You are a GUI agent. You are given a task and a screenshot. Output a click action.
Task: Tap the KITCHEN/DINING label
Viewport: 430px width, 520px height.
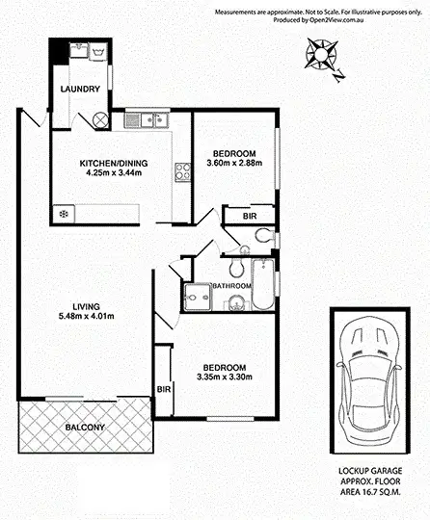pos(114,163)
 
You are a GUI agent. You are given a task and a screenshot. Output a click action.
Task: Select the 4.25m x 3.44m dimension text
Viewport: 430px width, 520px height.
pos(114,173)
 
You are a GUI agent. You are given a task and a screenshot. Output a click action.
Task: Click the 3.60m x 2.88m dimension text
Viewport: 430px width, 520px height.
pos(234,164)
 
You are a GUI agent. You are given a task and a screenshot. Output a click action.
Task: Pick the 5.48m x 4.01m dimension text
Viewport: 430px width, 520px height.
pos(86,316)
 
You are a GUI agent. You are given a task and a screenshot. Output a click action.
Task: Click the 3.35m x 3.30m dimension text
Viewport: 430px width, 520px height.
pos(223,377)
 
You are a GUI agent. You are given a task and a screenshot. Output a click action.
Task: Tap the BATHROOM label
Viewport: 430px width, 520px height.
pos(232,286)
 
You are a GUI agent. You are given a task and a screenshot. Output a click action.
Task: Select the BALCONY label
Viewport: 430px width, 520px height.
pos(85,427)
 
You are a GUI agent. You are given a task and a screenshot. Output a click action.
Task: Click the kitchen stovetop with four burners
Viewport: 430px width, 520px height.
pos(181,173)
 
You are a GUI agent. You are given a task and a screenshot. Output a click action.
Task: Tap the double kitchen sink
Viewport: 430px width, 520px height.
pos(148,120)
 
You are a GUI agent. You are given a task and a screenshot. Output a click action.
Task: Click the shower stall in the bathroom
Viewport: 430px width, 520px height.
pos(197,300)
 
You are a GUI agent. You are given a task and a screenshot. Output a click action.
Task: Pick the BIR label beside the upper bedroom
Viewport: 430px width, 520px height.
pos(250,218)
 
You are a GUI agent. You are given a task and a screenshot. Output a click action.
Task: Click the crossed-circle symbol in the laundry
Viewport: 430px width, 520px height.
pos(101,119)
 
